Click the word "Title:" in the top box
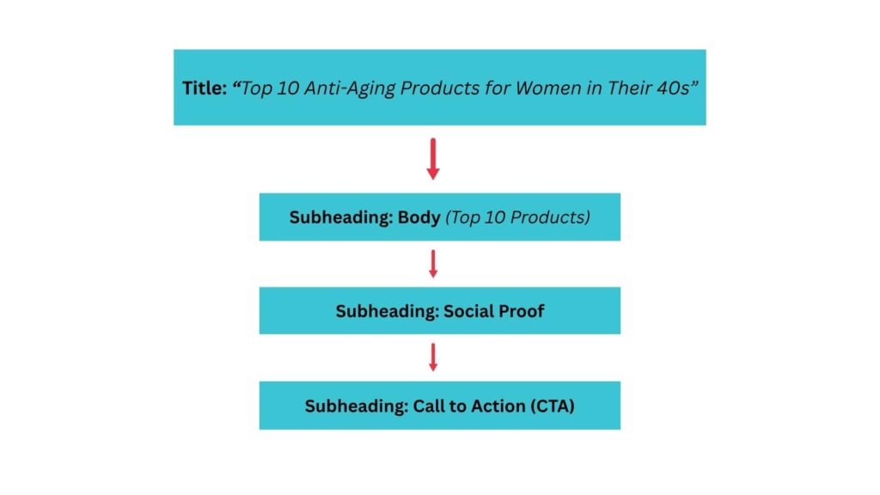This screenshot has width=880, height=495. pos(205,88)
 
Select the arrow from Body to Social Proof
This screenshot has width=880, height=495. pos(433,264)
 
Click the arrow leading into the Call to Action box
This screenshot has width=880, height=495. pos(433,357)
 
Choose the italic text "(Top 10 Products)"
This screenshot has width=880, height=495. pos(517,217)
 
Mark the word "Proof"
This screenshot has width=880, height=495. pos(521,311)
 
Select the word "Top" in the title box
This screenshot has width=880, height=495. pos(257,88)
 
